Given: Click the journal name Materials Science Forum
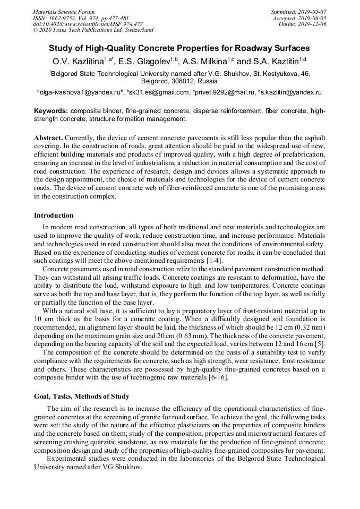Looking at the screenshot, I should coord(64,12).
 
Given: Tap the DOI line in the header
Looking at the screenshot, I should coord(88,24).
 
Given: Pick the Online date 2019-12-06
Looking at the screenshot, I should coord(313,24).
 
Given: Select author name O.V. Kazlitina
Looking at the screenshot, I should coord(78,62).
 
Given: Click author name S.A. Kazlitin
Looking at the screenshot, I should coord(278,62).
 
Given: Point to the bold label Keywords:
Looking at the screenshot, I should coord(51,111).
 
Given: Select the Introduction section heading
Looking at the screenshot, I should coord(54,215).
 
